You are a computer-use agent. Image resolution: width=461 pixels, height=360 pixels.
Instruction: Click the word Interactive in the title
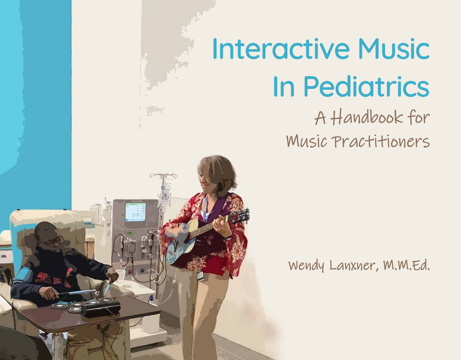click(281, 48)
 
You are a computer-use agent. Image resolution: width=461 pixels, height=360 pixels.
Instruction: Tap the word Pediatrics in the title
click(366, 86)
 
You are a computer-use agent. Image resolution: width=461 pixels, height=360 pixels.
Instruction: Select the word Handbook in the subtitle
click(366, 117)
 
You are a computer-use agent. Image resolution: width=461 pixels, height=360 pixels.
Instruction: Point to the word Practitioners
click(381, 142)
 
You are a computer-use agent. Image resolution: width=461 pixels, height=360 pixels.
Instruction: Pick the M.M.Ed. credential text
click(407, 265)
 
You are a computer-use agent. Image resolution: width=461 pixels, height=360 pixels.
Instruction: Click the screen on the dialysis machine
click(136, 212)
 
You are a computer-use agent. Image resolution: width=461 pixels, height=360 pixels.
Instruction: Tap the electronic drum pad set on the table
click(86, 307)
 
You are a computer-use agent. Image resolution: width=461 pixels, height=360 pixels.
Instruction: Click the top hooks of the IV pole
click(163, 176)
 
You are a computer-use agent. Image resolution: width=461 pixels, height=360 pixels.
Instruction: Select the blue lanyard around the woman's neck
click(205, 209)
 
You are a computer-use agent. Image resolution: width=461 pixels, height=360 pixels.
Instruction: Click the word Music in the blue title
click(394, 48)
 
